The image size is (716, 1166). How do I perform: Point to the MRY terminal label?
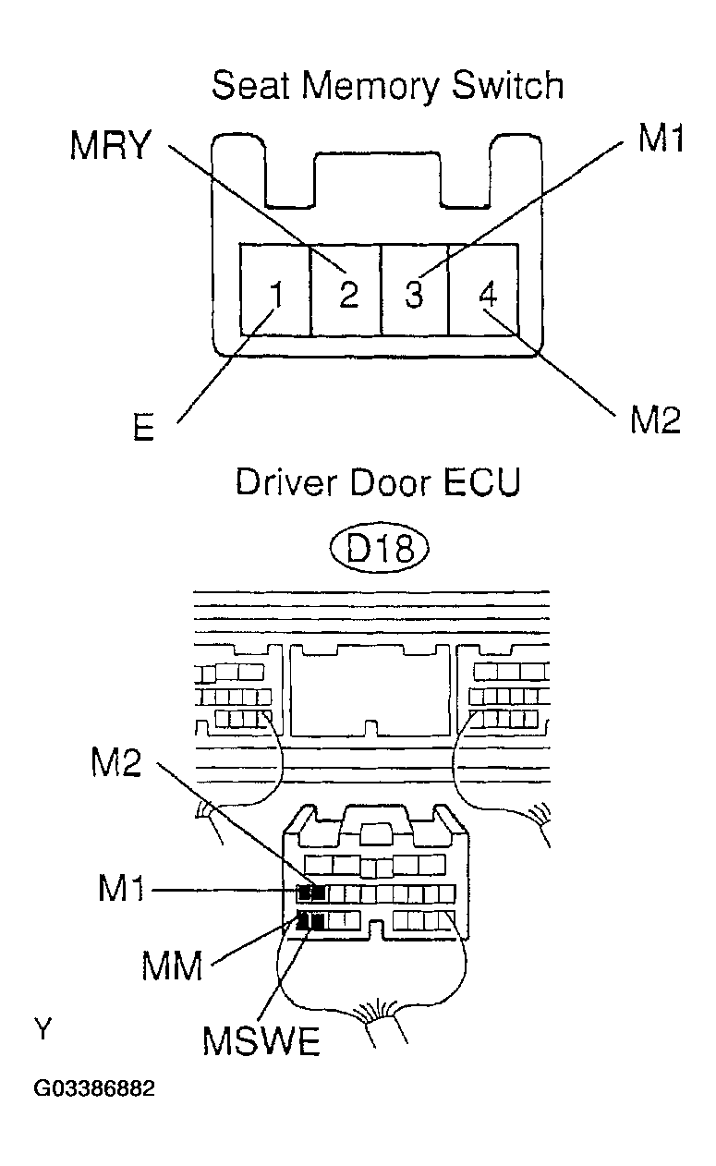point(109,146)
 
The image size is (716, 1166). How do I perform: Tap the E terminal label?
point(143,431)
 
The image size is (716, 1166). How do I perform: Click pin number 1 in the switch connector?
point(274,295)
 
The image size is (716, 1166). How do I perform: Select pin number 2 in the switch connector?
point(347,295)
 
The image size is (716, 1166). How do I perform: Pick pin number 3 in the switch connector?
point(415,295)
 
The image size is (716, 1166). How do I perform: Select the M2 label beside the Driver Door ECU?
point(116,766)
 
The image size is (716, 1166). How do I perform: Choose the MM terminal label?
point(172,966)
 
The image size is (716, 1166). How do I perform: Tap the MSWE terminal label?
point(261,1042)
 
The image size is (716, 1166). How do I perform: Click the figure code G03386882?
point(94,1088)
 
